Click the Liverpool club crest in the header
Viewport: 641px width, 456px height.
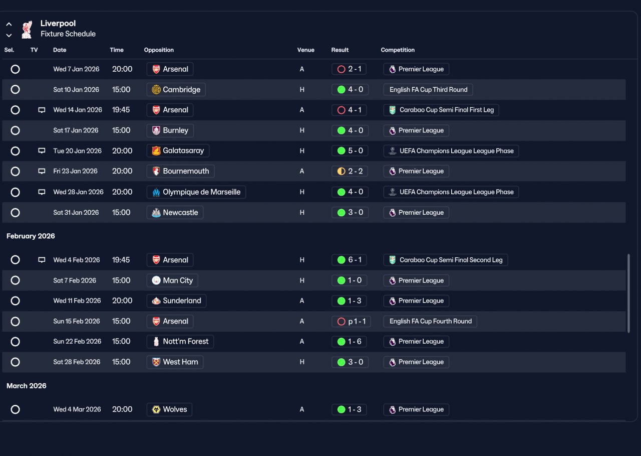(27, 29)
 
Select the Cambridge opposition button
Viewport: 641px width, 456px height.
(176, 90)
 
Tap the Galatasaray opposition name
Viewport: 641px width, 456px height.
(183, 150)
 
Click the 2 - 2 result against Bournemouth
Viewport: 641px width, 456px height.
(350, 171)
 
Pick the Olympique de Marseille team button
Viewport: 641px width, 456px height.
(196, 192)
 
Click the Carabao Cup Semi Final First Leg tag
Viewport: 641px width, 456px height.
(441, 110)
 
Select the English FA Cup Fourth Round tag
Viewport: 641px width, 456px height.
(430, 321)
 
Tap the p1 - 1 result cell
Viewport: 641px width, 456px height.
(351, 321)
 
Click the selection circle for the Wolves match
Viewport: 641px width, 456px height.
(15, 409)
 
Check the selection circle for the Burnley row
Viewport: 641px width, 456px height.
(15, 130)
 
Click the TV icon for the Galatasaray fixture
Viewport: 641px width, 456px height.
(42, 150)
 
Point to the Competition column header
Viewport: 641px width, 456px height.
(398, 50)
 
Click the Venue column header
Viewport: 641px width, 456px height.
(305, 50)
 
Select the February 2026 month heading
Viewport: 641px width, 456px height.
(31, 236)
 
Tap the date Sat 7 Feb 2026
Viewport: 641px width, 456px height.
(75, 280)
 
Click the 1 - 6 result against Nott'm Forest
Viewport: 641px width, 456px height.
(349, 342)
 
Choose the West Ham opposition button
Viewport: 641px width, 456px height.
(175, 362)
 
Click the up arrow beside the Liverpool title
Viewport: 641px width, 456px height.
(9, 24)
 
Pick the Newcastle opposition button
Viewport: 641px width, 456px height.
(175, 213)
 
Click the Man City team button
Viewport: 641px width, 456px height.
(172, 280)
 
